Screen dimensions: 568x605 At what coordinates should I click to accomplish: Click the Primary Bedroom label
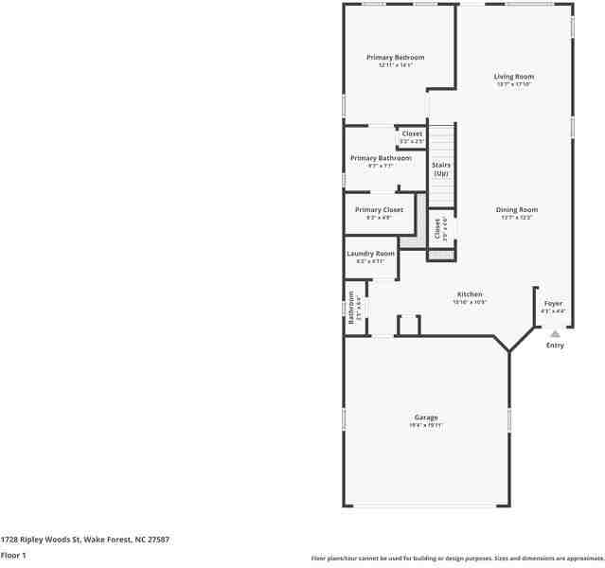pyautogui.click(x=395, y=58)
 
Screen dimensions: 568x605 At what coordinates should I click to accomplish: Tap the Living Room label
pyautogui.click(x=514, y=77)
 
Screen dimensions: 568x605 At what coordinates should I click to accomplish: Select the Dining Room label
pyautogui.click(x=517, y=209)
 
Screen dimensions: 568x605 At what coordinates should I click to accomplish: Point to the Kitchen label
pyautogui.click(x=470, y=294)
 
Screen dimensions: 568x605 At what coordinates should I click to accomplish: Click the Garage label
pyautogui.click(x=425, y=417)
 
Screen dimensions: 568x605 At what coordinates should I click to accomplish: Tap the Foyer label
pyautogui.click(x=553, y=304)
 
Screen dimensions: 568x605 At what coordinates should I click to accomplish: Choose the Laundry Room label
pyautogui.click(x=370, y=254)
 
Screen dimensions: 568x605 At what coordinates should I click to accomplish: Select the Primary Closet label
pyautogui.click(x=379, y=209)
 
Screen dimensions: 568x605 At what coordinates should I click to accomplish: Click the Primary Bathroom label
pyautogui.click(x=381, y=158)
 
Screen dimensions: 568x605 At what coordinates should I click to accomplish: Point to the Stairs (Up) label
pyautogui.click(x=441, y=169)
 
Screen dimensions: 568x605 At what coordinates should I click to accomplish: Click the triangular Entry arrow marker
pyautogui.click(x=555, y=333)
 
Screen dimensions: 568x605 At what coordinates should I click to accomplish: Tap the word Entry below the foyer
pyautogui.click(x=555, y=346)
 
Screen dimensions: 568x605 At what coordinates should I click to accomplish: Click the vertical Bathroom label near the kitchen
pyautogui.click(x=351, y=307)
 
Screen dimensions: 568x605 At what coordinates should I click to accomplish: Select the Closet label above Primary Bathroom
pyautogui.click(x=412, y=133)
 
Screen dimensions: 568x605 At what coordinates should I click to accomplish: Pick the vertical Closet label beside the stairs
pyautogui.click(x=438, y=228)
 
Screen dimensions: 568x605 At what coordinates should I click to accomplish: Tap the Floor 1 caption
pyautogui.click(x=13, y=555)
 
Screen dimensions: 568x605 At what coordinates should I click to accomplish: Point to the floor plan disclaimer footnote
pyautogui.click(x=456, y=558)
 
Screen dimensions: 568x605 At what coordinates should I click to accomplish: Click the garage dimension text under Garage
pyautogui.click(x=425, y=426)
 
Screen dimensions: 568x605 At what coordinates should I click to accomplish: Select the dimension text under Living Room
pyautogui.click(x=514, y=84)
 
